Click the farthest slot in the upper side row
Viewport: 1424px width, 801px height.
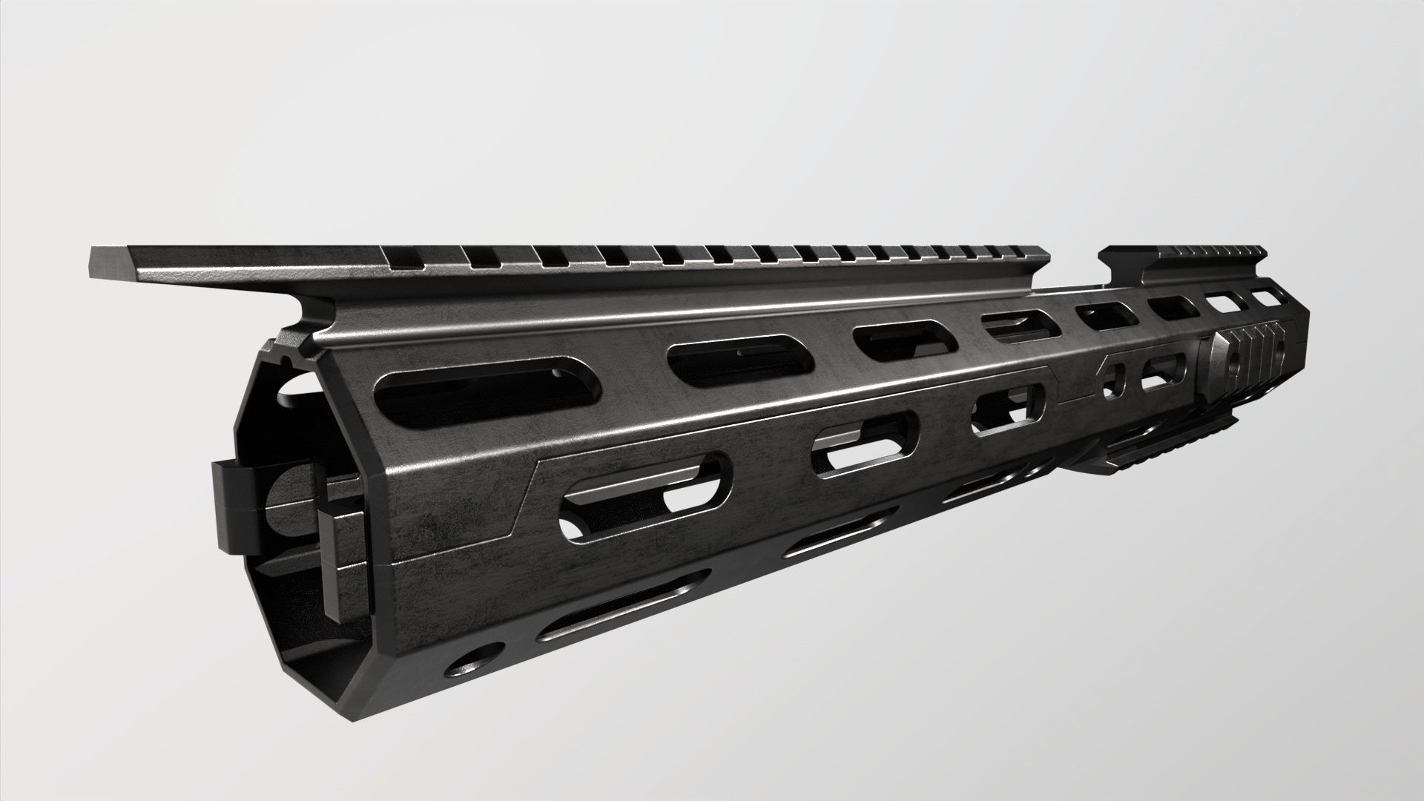point(1270,297)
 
